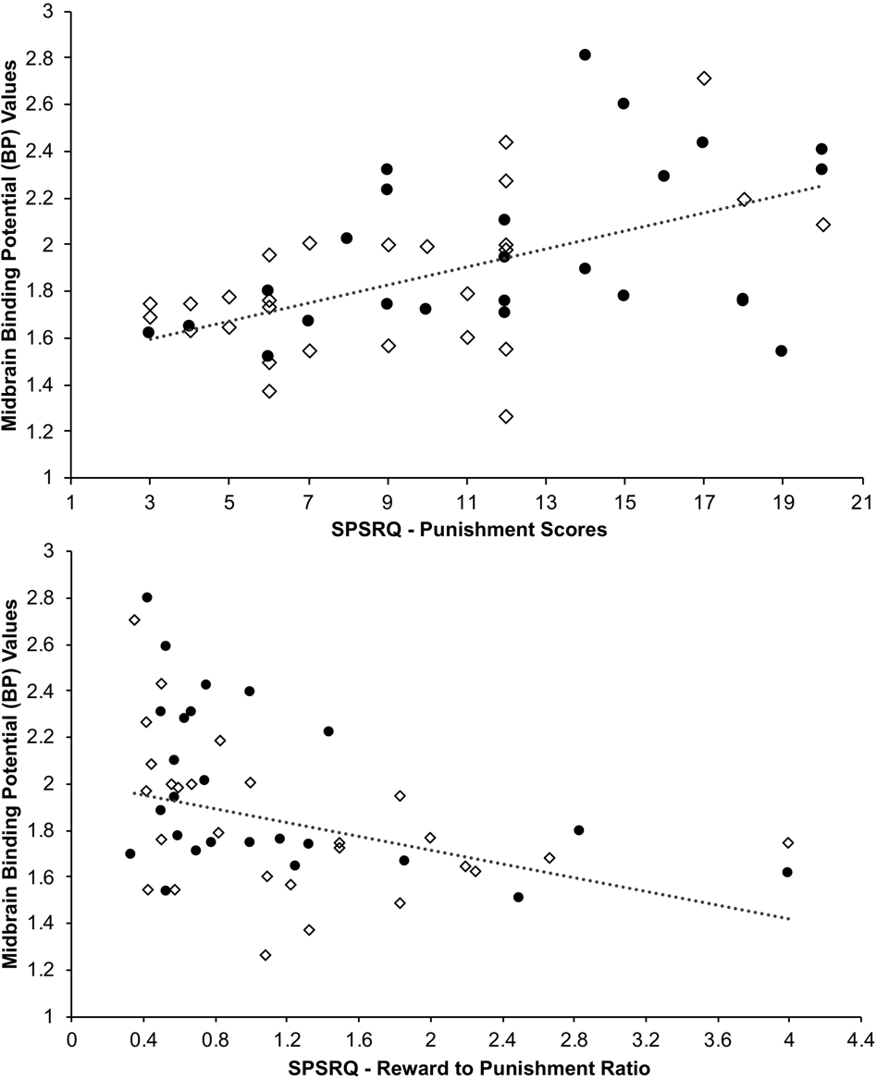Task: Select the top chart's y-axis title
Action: point(16,245)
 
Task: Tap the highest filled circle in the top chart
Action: point(585,55)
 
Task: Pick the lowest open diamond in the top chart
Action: point(506,416)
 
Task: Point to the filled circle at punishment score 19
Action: point(782,350)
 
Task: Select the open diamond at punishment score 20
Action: point(823,225)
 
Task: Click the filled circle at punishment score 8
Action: point(347,238)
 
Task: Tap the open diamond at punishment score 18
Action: point(744,200)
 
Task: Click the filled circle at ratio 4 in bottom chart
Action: point(787,872)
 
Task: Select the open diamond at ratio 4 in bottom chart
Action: point(788,842)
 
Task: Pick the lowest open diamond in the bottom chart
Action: point(266,955)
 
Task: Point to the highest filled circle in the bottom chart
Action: point(146,597)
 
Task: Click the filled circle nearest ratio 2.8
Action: point(579,830)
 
